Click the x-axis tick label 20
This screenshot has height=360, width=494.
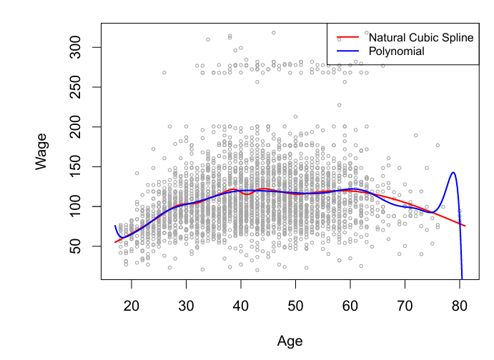point(132,306)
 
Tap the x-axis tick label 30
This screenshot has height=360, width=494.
point(186,306)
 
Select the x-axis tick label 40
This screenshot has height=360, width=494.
point(241,306)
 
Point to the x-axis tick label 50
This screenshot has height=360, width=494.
point(295,306)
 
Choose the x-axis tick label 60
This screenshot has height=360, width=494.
point(350,306)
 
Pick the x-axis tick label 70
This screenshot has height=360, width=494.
point(405,306)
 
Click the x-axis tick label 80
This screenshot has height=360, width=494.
point(460,306)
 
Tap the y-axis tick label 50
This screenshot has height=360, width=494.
point(75,246)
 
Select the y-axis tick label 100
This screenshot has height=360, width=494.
point(75,206)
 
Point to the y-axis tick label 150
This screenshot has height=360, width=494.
point(75,166)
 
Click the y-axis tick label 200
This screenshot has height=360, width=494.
point(75,127)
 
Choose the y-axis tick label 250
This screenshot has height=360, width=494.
point(75,87)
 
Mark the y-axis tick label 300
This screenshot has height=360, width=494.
point(75,47)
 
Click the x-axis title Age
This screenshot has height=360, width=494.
point(290,341)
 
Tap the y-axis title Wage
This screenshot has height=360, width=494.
point(41,151)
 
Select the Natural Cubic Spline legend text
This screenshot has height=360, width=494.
point(421,37)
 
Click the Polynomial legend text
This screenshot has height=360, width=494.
point(396,51)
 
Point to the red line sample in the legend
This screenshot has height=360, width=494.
point(348,37)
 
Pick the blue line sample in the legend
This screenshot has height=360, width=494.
point(348,51)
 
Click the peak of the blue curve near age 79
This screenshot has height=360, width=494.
point(453,172)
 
